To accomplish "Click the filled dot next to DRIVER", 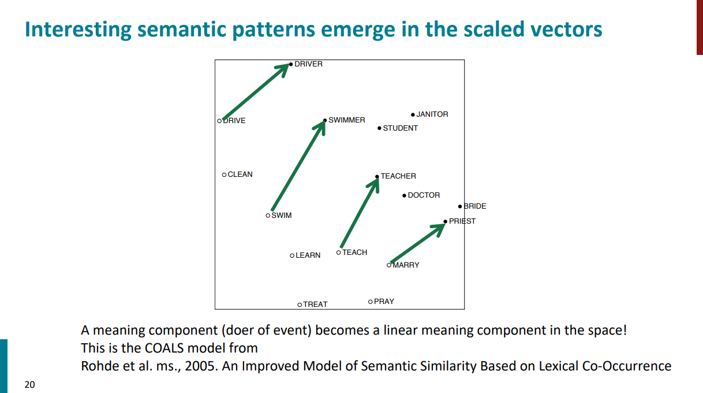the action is pos(291,64).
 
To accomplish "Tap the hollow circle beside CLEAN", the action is pos(224,175).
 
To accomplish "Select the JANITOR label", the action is pos(432,114).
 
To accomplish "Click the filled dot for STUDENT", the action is pos(379,128).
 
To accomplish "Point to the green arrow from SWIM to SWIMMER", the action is pos(298,165).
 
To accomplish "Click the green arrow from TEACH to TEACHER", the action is pos(360,212).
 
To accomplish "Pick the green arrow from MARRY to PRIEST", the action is pos(418,243).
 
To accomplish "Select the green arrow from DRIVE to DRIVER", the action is pos(256,92).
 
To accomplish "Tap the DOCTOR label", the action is pos(424,195).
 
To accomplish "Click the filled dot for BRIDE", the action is pos(460,206).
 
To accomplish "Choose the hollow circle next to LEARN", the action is pos(292,255).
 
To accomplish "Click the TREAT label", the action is pos(315,305).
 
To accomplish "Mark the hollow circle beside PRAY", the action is pos(371,302).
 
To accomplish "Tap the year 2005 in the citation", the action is pos(200,366).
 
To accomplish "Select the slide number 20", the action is pos(30,384).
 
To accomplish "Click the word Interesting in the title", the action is pos(78,30).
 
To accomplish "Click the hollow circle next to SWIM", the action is pos(268,216).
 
